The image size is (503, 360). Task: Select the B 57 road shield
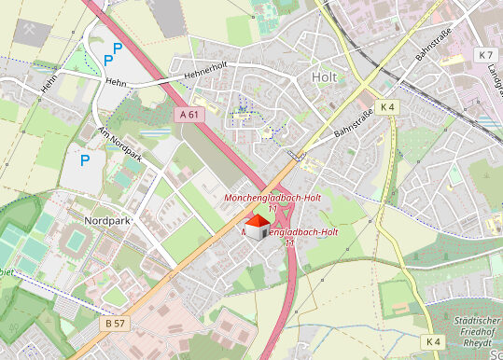pos(113,321)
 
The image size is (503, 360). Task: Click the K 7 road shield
pos(484,55)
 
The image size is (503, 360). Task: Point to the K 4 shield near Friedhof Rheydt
pos(432,342)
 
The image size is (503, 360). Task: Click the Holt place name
pos(324,77)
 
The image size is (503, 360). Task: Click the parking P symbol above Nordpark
pos(85,160)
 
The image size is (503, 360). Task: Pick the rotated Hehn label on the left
pos(48,84)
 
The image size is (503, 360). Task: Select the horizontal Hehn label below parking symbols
pos(115,82)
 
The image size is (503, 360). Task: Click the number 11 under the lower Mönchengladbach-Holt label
pos(289,242)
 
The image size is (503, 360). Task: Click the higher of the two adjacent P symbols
pos(118,47)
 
